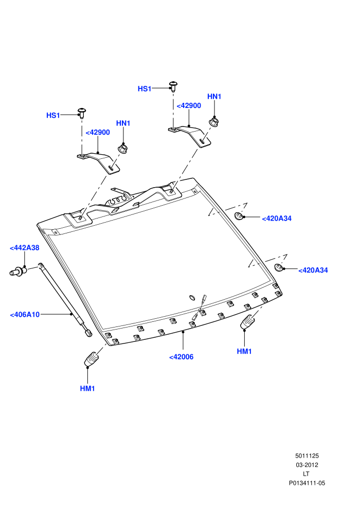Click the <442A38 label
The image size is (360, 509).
[x=24, y=248]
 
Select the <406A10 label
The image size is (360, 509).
[x=25, y=315]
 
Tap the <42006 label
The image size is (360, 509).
[x=181, y=357]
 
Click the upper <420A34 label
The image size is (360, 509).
[x=277, y=219]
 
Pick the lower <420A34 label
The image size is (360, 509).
[x=313, y=270]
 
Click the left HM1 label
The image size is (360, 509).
[x=87, y=388]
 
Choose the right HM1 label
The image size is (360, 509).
[x=244, y=351]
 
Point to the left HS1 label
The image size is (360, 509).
[x=53, y=115]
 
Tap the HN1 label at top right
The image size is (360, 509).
[x=214, y=97]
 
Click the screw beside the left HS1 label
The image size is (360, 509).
[x=82, y=113]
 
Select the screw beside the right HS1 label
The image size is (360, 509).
[x=173, y=86]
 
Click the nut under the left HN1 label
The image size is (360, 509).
[x=122, y=149]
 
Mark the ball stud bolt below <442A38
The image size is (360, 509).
[x=18, y=271]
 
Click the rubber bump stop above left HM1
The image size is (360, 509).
[x=91, y=359]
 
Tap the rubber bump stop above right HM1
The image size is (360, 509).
[x=247, y=322]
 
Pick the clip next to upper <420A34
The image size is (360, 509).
[x=239, y=215]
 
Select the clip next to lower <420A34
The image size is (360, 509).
[x=279, y=267]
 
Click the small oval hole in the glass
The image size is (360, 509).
[x=192, y=298]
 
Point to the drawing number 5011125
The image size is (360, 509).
[x=307, y=456]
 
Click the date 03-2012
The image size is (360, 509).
[x=307, y=465]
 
